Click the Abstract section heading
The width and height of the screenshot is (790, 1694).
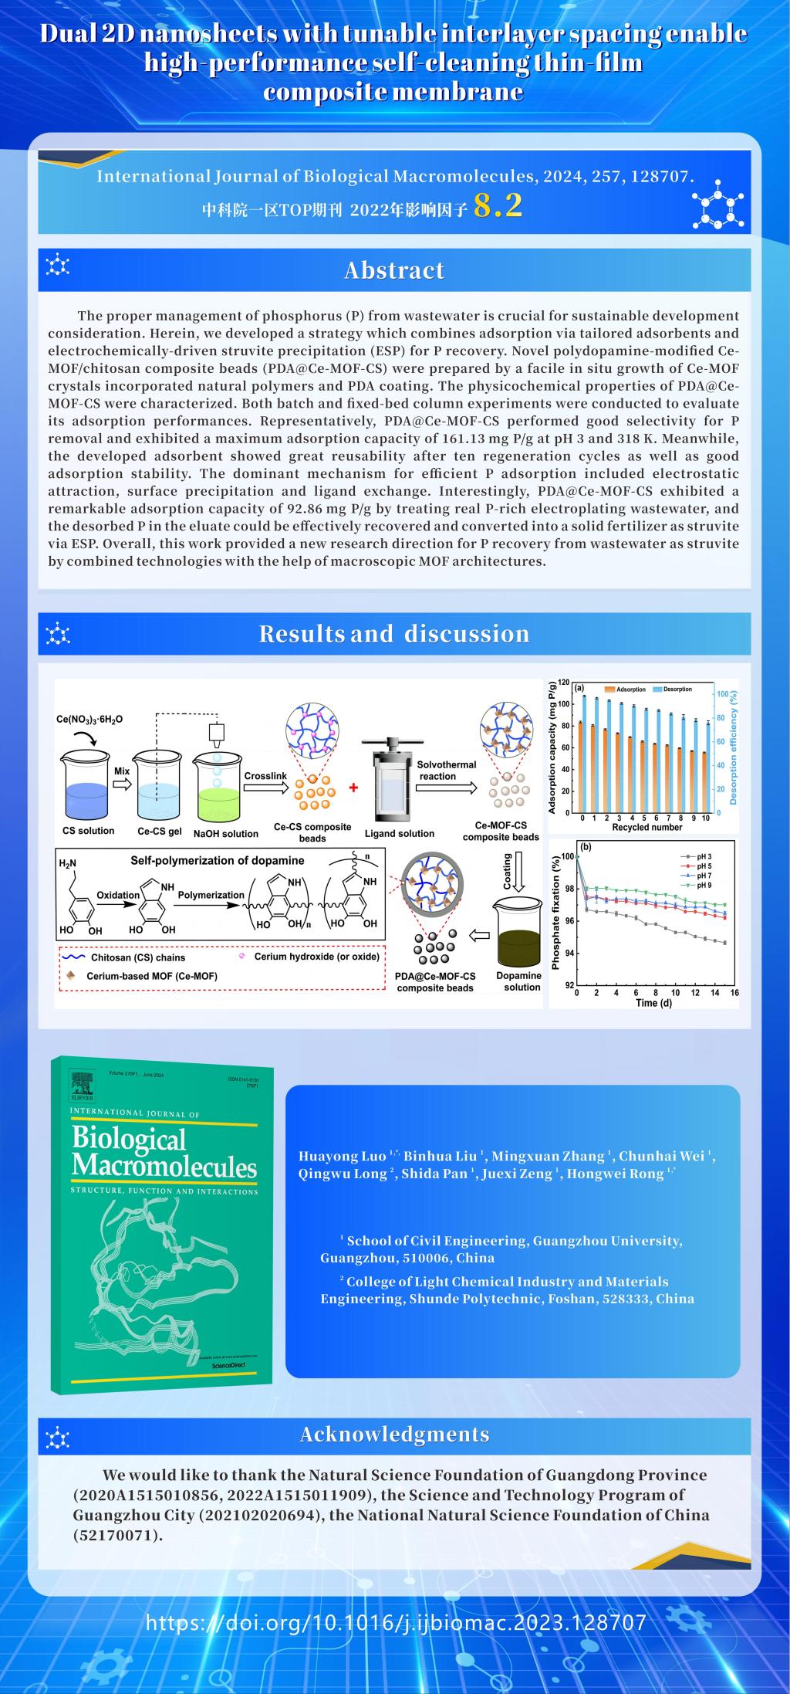(394, 270)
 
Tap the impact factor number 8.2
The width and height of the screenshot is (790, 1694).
(498, 205)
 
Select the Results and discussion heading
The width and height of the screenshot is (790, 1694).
(394, 634)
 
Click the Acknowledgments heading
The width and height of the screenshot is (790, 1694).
(394, 1435)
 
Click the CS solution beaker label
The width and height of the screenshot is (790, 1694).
(88, 831)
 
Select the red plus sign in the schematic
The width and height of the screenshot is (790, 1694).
(354, 788)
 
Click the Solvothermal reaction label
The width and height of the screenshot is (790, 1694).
(447, 770)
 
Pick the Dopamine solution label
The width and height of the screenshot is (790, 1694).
(518, 981)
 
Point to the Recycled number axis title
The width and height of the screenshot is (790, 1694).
(647, 827)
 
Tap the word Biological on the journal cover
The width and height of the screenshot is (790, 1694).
(129, 1139)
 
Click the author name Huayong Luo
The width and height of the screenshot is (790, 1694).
(343, 1157)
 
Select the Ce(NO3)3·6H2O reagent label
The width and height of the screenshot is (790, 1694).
(89, 719)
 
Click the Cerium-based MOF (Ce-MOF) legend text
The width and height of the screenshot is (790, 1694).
(151, 976)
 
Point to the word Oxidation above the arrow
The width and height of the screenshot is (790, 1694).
(118, 895)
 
